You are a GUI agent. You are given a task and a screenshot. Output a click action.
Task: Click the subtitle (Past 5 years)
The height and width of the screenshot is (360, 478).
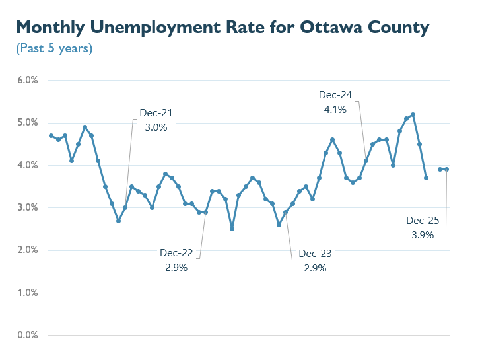pos(54,48)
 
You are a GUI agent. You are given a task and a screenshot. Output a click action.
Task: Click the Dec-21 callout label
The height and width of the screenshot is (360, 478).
pos(156,113)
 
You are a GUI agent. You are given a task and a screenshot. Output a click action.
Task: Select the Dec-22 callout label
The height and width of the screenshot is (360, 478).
pos(176,253)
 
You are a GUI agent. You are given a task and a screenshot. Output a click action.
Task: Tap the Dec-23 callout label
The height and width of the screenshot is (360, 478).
pos(315,254)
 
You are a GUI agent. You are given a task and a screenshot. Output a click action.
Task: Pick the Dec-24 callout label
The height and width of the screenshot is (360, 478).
pos(335,95)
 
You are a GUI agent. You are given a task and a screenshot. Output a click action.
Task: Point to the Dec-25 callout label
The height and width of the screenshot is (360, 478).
pos(423,220)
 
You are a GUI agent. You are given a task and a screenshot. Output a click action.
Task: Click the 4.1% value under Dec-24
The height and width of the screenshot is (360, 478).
pos(335,110)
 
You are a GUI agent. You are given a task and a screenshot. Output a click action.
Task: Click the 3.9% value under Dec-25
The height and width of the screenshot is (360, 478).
pos(423,234)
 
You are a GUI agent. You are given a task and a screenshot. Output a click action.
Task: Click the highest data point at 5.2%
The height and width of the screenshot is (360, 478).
pos(413,114)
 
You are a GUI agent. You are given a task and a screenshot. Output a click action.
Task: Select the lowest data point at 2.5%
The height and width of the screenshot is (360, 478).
pos(232,229)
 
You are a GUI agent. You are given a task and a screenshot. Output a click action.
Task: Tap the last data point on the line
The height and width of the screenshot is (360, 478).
pos(447,169)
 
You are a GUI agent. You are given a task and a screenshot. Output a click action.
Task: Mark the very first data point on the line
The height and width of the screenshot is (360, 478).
pos(51,135)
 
